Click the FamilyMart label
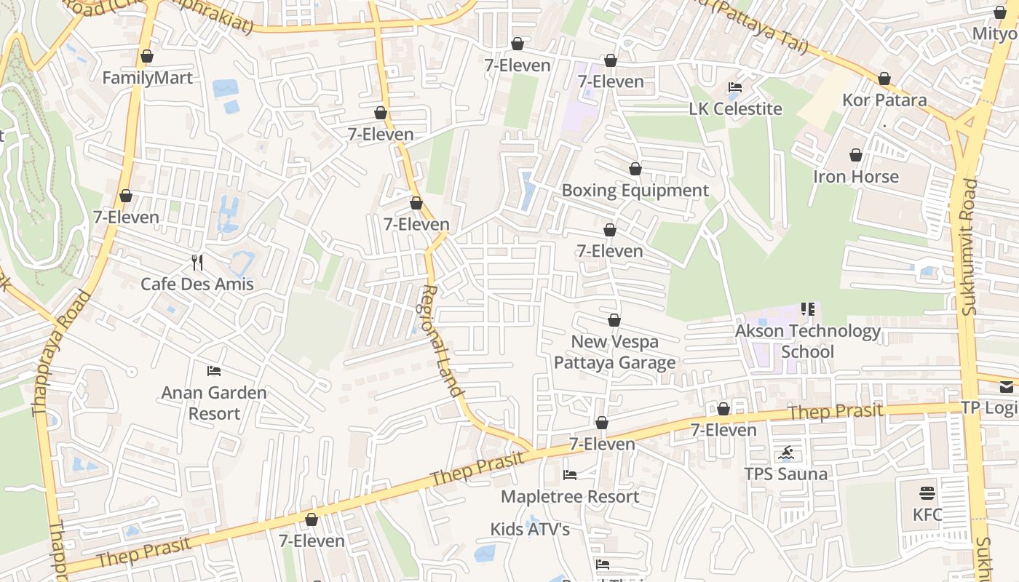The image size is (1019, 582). coord(148,78)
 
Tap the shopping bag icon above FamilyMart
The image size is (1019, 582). coord(147,56)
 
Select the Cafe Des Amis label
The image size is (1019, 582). coord(197,284)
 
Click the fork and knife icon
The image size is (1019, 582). coord(197,262)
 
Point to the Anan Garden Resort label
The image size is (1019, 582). coord(214,403)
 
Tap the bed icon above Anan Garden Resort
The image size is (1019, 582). coord(214,371)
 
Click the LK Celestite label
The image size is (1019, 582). coord(735,109)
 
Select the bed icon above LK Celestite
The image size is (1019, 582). coord(735,87)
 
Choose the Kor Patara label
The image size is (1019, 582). coord(884,100)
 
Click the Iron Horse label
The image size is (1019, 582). coord(855,177)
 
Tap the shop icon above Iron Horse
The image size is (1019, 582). coord(855,155)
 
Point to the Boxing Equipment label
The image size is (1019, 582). coord(635,191)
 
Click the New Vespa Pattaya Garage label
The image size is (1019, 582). coord(614,352)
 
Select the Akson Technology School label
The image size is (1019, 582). coord(807,341)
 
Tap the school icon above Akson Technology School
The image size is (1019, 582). coord(807,309)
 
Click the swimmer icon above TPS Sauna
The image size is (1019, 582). coord(786,454)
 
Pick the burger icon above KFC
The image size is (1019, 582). coord(927,493)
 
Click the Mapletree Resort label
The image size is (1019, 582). coord(570,497)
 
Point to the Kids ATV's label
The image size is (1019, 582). coord(530,530)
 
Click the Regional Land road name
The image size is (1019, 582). coord(442,340)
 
